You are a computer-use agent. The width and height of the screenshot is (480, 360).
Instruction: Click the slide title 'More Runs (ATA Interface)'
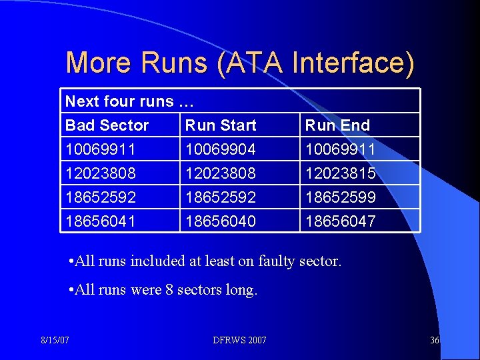click(240, 63)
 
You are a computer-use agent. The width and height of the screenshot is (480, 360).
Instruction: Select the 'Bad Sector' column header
click(107, 125)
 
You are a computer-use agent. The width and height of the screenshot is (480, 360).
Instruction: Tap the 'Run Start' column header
click(221, 125)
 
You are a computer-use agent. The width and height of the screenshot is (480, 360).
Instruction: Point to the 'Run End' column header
click(337, 125)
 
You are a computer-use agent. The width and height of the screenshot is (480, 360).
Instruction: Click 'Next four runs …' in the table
click(129, 101)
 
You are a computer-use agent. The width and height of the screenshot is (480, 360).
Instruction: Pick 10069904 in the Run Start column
click(220, 149)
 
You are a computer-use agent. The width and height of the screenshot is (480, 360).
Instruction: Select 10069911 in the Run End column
click(340, 149)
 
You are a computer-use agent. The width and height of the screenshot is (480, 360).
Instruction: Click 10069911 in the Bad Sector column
click(100, 149)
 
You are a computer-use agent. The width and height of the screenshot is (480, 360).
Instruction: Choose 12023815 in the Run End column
click(340, 173)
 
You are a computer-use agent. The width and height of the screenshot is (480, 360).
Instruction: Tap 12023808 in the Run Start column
click(220, 173)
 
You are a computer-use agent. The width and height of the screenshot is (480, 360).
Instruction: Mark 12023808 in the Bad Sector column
click(100, 173)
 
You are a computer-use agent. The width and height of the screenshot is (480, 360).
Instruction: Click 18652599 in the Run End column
click(340, 197)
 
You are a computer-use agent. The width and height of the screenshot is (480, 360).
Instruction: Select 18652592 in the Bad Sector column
click(100, 197)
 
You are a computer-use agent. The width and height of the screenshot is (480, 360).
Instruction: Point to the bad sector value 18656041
click(100, 221)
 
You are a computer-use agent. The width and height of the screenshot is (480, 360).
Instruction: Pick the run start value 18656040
click(220, 221)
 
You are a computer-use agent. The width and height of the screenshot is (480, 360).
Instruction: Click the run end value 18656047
click(340, 221)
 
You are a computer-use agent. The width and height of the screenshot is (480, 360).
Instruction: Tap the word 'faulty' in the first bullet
click(278, 261)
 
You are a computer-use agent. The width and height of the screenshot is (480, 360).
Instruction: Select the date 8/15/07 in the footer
click(56, 340)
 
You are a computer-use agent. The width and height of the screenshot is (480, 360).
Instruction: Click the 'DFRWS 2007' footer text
click(240, 340)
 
